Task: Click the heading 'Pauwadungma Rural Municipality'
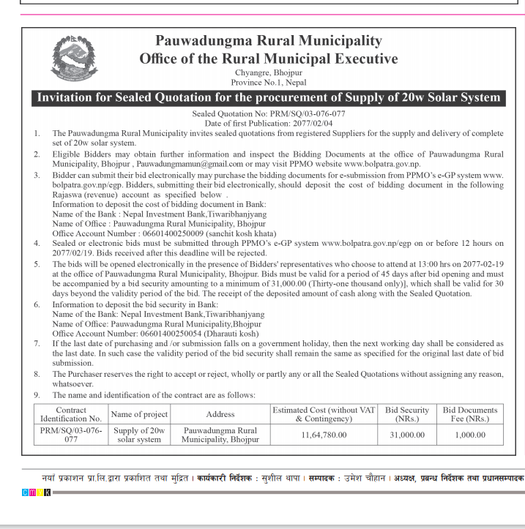coord(268,41)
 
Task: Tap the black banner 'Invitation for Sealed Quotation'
coord(269,97)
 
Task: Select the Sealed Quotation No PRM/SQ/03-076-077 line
coord(268,114)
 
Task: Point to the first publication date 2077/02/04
coord(268,123)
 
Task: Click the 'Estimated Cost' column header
coord(324,414)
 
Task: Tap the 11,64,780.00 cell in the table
coord(324,435)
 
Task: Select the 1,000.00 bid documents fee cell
coord(469,435)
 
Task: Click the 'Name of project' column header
coord(139,414)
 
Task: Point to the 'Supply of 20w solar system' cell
coord(139,435)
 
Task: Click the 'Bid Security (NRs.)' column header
coord(407,414)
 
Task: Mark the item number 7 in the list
coord(37,343)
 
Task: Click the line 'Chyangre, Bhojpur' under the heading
coord(268,73)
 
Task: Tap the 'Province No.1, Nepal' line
coord(268,83)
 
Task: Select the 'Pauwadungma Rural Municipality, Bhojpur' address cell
coord(220,435)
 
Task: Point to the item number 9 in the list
coord(37,395)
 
